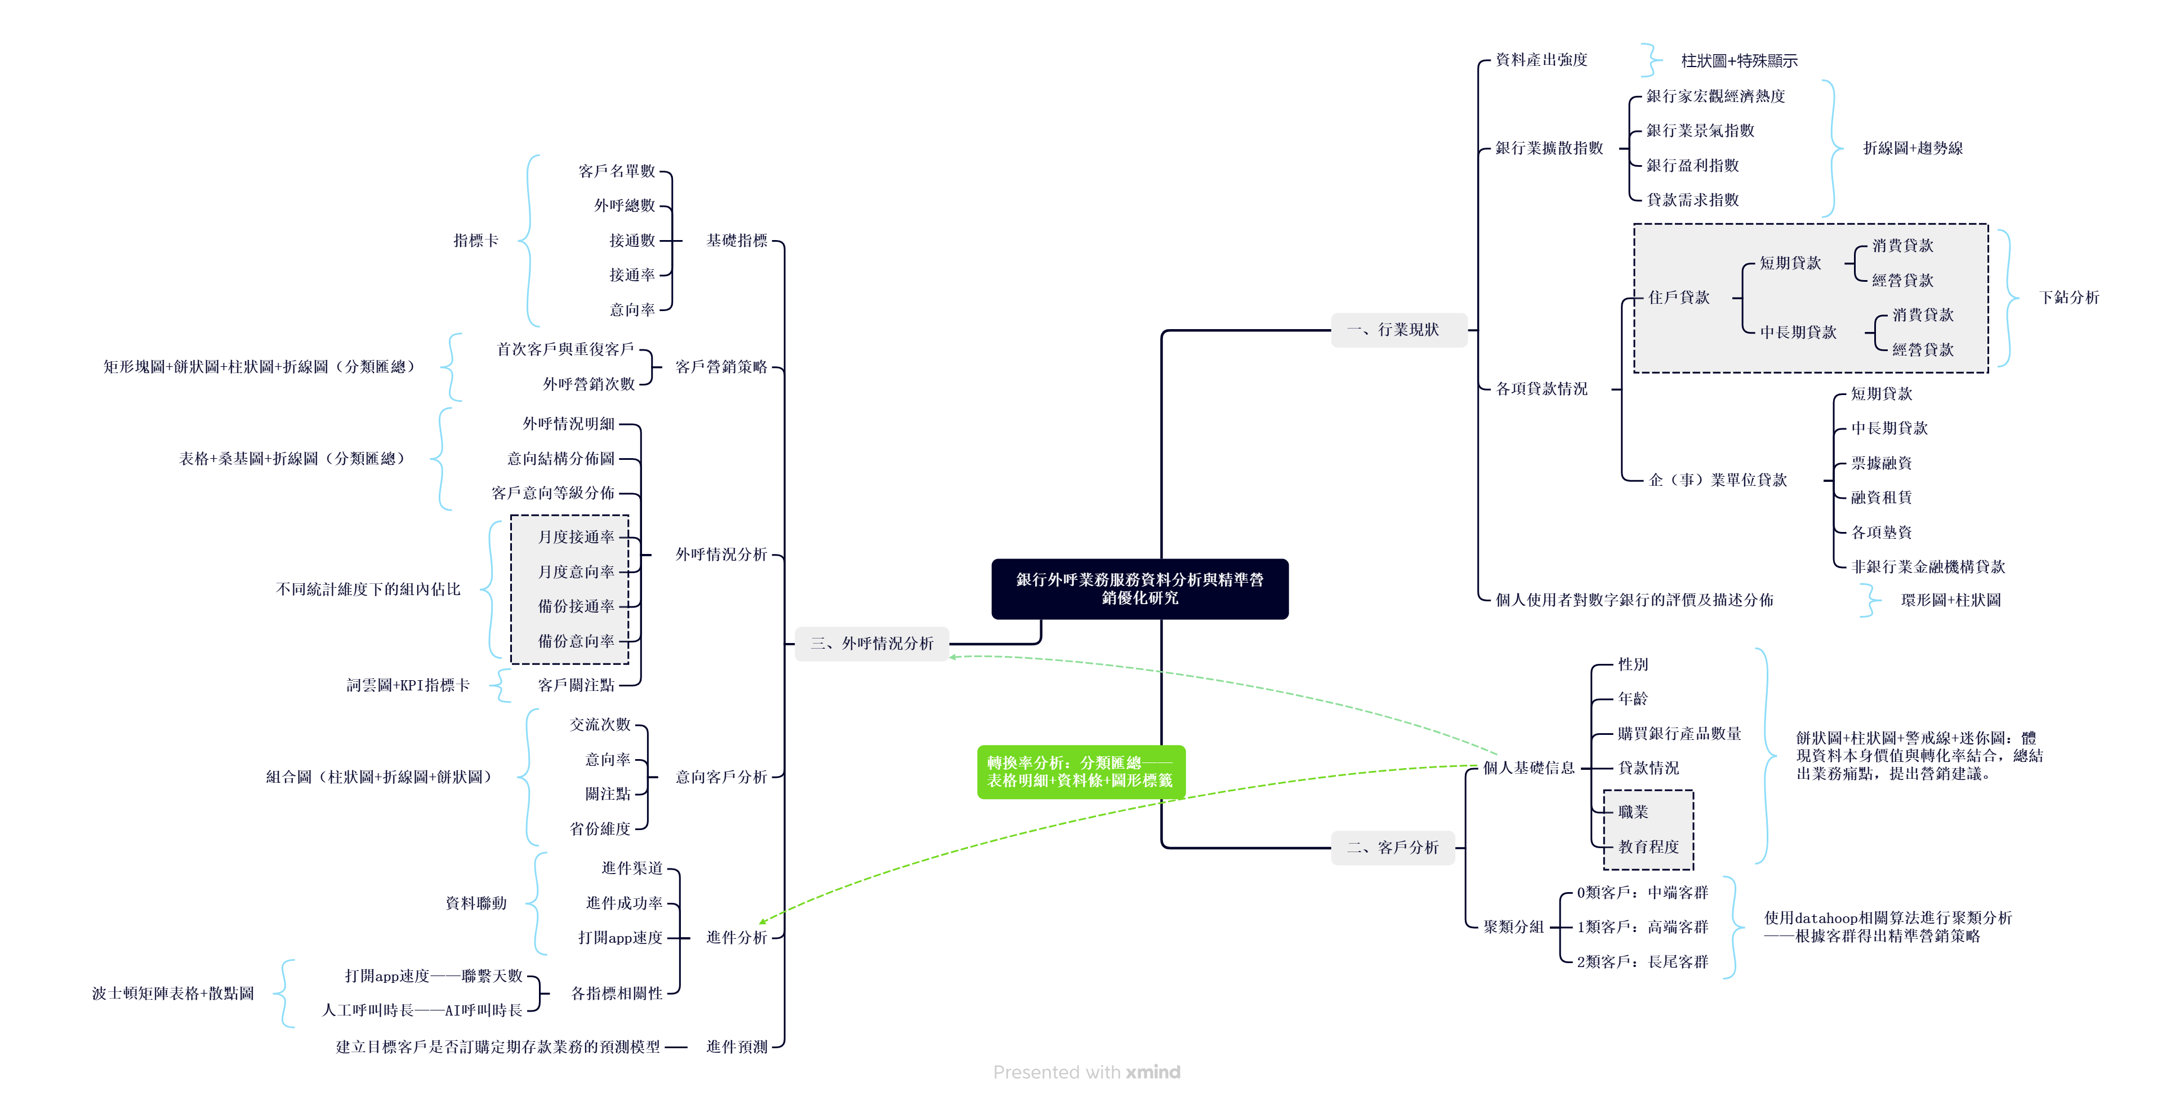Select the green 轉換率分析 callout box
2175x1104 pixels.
point(1081,771)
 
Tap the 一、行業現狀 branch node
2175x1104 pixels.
point(1399,330)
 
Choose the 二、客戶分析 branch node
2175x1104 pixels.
point(1393,847)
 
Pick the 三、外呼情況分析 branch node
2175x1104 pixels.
point(872,644)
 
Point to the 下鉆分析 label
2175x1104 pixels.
point(2069,298)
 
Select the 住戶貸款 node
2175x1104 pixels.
point(1678,298)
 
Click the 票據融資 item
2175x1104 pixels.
point(1881,463)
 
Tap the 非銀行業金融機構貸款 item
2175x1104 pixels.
point(1928,567)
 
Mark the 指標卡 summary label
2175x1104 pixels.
point(476,241)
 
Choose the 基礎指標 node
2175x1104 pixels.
point(737,241)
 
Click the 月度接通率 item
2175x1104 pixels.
point(577,537)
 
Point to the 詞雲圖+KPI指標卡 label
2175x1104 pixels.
point(408,685)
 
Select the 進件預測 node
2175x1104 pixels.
point(737,1047)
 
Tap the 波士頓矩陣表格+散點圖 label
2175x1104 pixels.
point(173,994)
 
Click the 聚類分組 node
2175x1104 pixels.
point(1514,926)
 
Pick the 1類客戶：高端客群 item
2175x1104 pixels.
point(1642,926)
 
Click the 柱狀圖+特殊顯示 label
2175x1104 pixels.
point(1739,61)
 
